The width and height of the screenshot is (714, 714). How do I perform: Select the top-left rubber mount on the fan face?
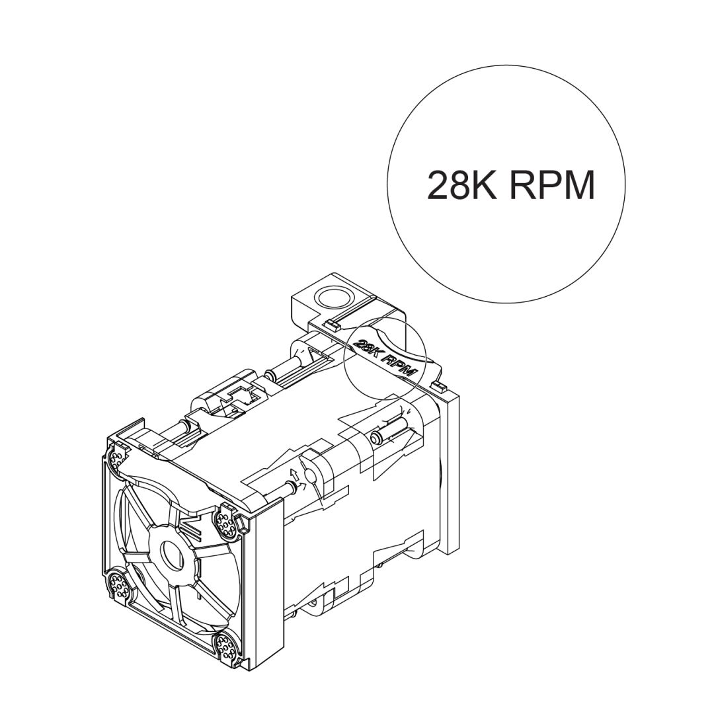[x=119, y=457]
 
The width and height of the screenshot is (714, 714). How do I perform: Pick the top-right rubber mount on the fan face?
[x=226, y=522]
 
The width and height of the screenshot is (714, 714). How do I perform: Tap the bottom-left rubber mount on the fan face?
[x=118, y=584]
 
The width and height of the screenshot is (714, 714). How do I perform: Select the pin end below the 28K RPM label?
[x=376, y=438]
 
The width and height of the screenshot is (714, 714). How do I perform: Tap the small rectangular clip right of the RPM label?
[x=436, y=385]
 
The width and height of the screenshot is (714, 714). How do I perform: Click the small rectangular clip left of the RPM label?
[x=333, y=325]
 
